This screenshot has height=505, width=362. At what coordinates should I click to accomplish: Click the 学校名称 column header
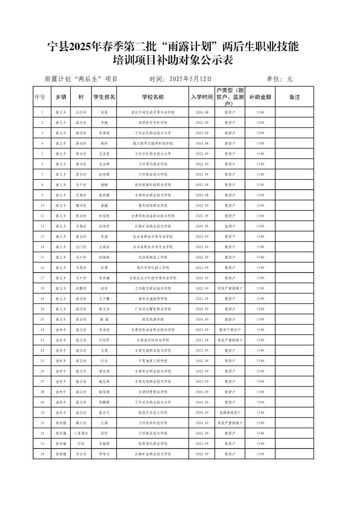(153, 97)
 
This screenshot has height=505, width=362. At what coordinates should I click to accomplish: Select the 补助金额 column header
(260, 97)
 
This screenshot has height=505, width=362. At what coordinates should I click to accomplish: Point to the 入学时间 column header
(202, 97)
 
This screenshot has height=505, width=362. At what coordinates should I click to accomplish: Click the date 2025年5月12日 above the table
(190, 79)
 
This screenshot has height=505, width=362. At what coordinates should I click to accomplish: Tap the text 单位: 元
(279, 79)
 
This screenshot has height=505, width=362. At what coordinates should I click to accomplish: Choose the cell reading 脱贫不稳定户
(230, 330)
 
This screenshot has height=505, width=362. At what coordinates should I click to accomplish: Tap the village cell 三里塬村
(81, 433)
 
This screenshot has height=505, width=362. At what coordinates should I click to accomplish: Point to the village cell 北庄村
(81, 112)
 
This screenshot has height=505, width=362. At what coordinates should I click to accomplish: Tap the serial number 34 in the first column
(42, 454)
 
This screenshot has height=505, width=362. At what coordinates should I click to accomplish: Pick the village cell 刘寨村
(81, 288)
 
